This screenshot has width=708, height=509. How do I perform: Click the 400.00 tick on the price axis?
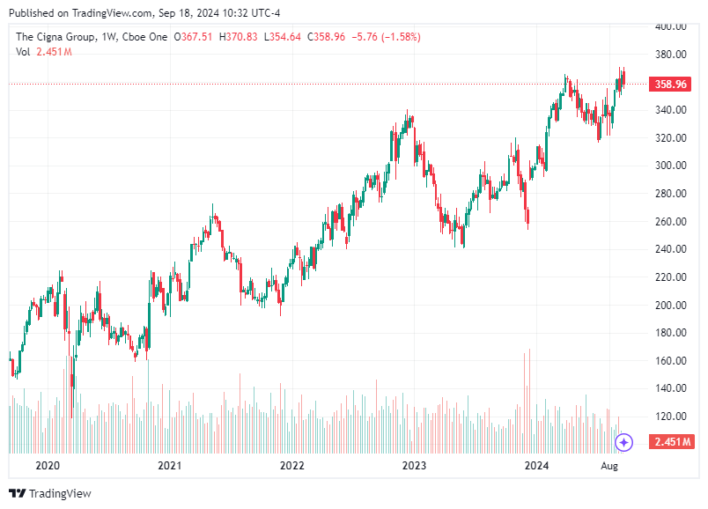[x=671, y=26]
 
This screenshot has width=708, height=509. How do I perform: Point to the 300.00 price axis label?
[x=671, y=166]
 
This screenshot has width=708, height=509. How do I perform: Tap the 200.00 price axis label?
[x=671, y=305]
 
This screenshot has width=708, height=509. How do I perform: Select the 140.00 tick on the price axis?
[x=671, y=388]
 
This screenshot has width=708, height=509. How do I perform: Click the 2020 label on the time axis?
[x=47, y=464]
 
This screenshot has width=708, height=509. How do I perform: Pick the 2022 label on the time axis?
[x=291, y=464]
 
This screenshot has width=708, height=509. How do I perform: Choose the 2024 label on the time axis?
[x=536, y=464]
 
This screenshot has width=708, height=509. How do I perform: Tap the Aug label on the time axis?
[x=609, y=464]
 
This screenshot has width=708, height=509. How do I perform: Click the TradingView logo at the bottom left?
[x=50, y=493]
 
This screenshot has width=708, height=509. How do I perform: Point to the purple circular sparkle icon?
[x=624, y=441]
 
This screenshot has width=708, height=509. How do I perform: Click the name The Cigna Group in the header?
[x=55, y=37]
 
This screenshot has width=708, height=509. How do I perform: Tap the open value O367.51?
[x=194, y=37]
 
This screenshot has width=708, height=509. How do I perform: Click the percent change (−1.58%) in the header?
[x=399, y=37]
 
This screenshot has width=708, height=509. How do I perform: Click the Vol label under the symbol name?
[x=24, y=52]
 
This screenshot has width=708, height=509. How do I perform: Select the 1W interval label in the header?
[x=109, y=37]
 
